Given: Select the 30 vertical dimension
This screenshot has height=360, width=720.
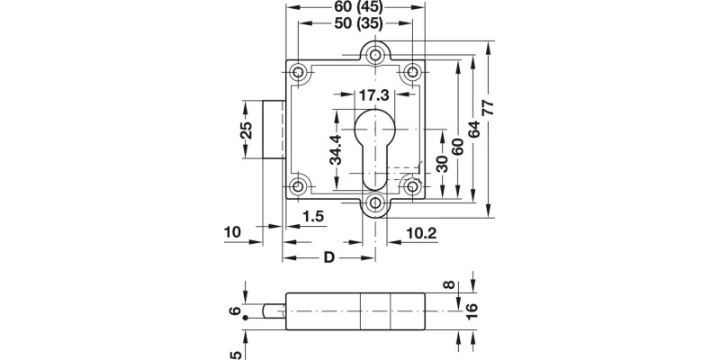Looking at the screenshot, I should click(441, 165).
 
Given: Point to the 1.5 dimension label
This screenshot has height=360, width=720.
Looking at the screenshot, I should click(313, 216).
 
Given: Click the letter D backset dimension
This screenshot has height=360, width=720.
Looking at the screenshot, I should click(328, 258).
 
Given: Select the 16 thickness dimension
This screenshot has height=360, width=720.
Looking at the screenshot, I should click(471, 310).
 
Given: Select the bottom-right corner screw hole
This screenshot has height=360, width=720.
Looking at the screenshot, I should click(413, 186).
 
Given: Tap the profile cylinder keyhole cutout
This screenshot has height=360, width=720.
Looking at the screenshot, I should click(374, 148).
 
